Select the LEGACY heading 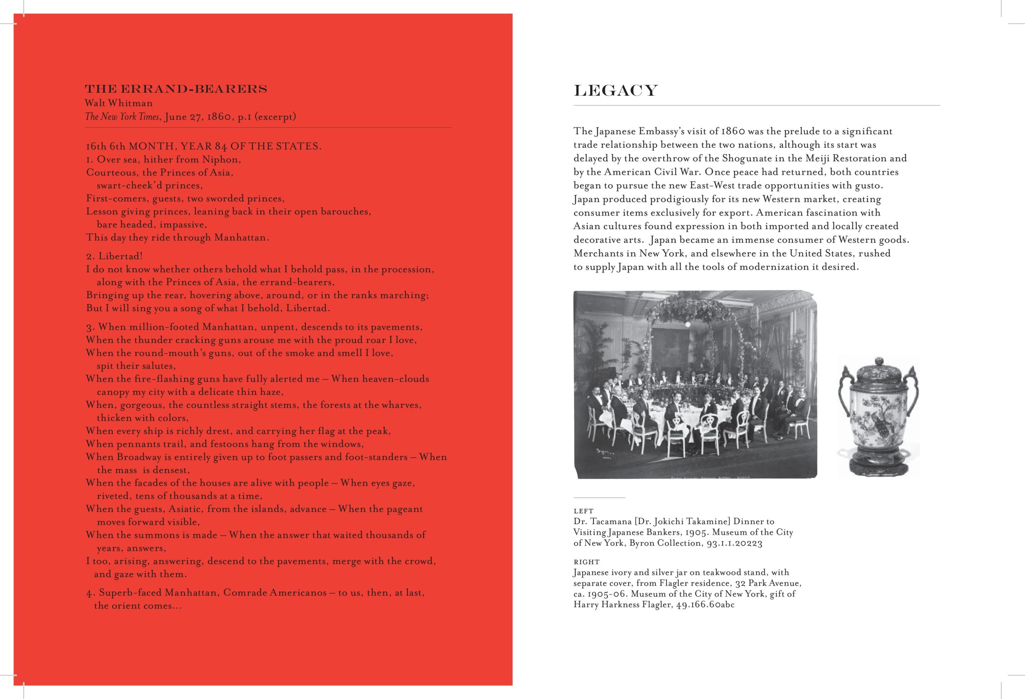click(x=615, y=91)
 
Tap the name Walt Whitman click(x=119, y=103)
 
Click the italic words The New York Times click(x=122, y=117)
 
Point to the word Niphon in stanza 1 click(x=221, y=159)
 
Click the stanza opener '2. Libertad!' click(x=114, y=256)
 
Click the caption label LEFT click(x=583, y=511)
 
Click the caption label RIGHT click(x=586, y=562)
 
